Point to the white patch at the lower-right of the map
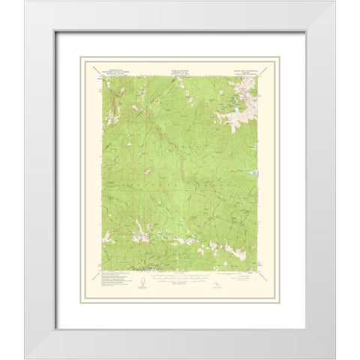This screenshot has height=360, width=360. [240, 254]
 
